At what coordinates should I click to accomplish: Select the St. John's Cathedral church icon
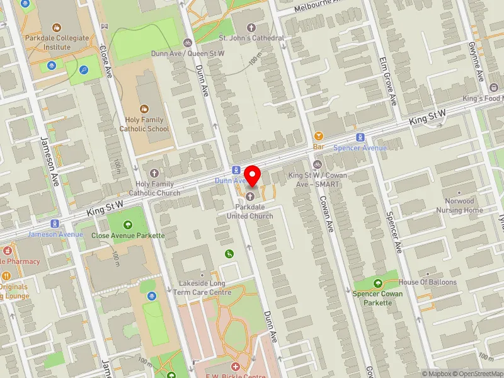pos(251,27)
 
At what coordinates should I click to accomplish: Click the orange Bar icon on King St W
pos(318,135)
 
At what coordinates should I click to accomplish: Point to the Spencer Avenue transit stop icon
pos(360,137)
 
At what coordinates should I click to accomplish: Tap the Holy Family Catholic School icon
pos(144,108)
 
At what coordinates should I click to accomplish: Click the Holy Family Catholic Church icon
pos(154,173)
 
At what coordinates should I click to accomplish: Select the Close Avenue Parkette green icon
pos(128,224)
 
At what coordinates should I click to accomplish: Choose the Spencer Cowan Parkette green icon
pos(378,283)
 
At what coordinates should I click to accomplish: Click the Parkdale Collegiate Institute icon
pos(57,27)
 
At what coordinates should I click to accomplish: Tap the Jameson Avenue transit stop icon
pos(55,224)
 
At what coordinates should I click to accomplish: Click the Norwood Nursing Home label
pos(459,206)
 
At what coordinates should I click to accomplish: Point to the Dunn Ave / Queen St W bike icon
pos(187,43)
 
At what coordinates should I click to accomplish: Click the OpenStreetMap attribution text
pos(481,374)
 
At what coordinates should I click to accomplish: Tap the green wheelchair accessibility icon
pos(229,253)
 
